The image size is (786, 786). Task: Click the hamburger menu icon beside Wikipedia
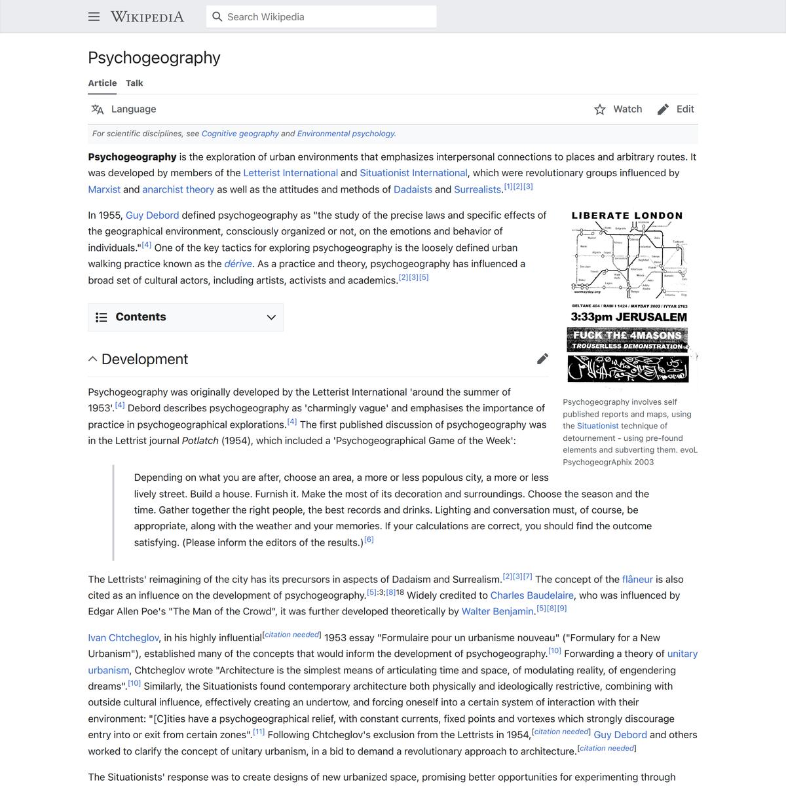pos(94,17)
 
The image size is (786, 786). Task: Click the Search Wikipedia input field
pos(321,17)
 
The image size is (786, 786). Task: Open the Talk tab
pos(134,83)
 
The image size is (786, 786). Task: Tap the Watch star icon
pos(600,109)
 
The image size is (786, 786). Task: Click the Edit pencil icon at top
pos(663,109)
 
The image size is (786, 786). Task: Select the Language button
pos(124,109)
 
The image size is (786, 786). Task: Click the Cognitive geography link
pos(240,134)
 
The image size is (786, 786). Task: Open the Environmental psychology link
pos(346,134)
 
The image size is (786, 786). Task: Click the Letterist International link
pos(290,173)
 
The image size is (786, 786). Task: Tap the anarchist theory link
pos(178,189)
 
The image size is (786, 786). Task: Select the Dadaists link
pos(413,189)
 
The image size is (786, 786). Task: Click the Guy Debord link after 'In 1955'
pos(152,215)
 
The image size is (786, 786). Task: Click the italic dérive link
pos(238,264)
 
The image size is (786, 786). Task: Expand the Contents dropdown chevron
pos(271,318)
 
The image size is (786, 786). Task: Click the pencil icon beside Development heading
pos(542,359)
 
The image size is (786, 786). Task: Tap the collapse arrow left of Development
pos(93,359)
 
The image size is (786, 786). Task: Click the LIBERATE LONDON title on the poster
pos(627,215)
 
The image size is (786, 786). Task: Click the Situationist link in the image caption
pos(597,426)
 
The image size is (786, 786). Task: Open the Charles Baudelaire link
pos(532,595)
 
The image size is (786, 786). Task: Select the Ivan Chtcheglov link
pos(124,638)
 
